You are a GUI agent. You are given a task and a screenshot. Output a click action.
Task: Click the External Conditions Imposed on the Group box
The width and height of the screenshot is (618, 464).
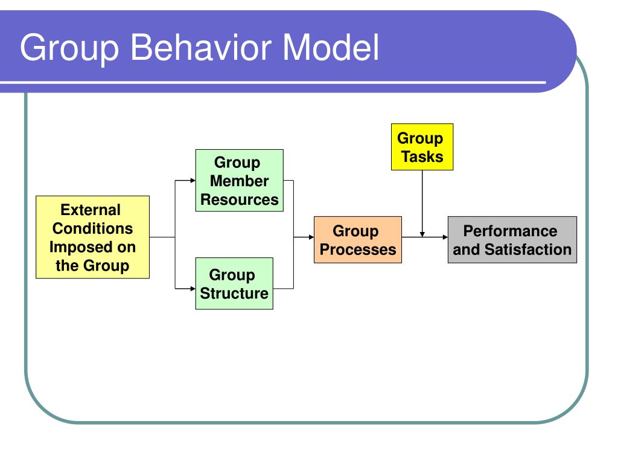coord(92,237)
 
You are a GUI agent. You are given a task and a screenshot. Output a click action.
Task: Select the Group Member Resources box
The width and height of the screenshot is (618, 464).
coord(239,181)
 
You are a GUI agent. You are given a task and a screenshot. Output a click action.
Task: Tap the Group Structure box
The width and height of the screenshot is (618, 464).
coord(234,284)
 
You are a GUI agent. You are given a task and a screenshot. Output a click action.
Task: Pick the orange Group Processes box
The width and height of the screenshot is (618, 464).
coord(357,240)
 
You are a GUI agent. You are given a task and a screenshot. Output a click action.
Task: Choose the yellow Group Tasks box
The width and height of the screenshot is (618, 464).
coord(422,147)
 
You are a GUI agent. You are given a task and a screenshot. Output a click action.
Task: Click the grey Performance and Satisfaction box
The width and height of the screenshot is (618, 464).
coord(512,240)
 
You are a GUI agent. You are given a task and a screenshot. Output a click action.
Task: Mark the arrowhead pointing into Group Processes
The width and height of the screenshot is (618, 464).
coord(310,237)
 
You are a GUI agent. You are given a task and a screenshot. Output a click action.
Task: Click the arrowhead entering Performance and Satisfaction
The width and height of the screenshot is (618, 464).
coord(444,237)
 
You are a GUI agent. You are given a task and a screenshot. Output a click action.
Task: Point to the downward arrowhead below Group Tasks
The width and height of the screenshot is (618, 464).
coord(422,233)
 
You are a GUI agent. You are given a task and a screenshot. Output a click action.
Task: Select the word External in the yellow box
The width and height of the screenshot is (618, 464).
coord(92,210)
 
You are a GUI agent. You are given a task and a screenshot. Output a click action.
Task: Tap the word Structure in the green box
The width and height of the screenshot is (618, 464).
coord(234,294)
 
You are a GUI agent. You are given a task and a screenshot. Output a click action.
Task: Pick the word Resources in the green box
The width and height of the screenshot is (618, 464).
coord(240,199)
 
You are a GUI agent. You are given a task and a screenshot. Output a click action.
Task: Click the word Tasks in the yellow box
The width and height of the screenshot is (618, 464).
coord(422,157)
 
